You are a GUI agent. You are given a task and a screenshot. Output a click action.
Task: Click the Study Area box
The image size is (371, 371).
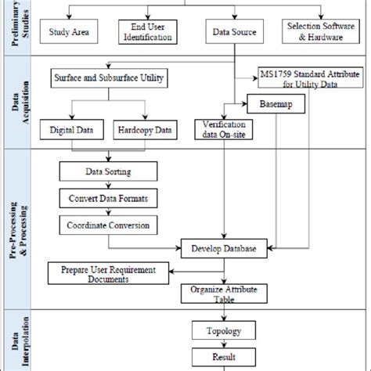coord(75,34)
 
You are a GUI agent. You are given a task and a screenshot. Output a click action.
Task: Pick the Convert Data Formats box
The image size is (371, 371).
coord(108,196)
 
